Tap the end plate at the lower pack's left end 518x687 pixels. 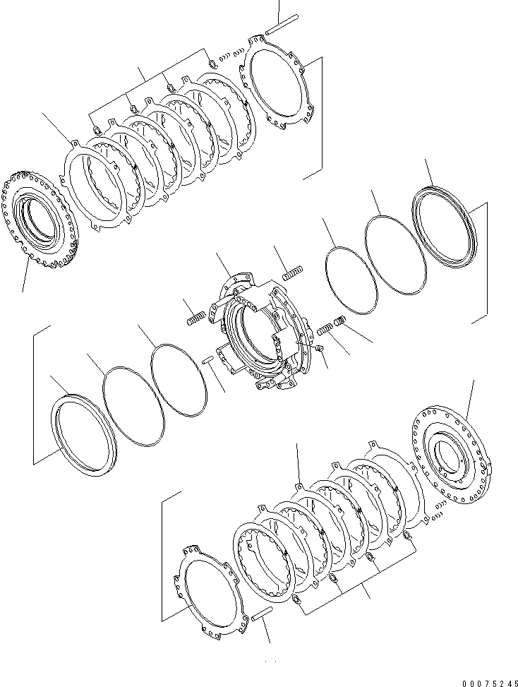click(204, 585)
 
